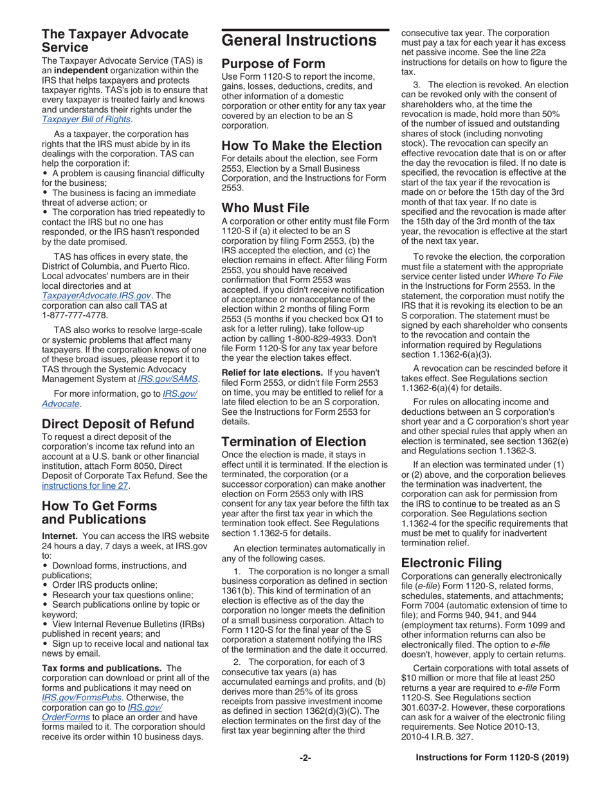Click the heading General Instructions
pos(299,41)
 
